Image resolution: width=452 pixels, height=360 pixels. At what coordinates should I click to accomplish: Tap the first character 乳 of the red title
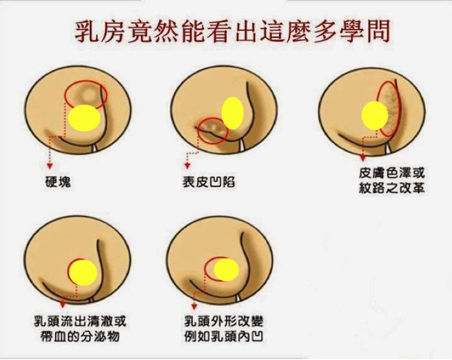click(88, 32)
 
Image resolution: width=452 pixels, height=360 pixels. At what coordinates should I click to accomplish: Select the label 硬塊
click(58, 181)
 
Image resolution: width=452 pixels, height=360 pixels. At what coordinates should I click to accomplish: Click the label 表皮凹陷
click(209, 182)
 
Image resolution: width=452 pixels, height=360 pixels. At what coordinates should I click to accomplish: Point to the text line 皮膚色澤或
click(392, 174)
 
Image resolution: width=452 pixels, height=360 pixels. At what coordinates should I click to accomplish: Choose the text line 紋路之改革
click(392, 188)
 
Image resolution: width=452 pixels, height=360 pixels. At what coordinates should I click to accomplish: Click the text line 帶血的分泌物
click(80, 336)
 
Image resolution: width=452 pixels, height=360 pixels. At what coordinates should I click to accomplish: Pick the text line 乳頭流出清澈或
click(80, 321)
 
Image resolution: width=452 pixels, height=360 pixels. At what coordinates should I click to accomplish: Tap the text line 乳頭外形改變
click(223, 321)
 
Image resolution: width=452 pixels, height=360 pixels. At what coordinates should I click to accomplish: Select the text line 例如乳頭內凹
click(223, 336)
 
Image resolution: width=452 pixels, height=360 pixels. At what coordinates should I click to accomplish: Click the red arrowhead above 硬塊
click(50, 166)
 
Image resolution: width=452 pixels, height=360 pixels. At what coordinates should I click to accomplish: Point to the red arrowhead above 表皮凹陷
click(187, 166)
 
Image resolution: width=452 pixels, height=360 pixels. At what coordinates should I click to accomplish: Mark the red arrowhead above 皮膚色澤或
click(363, 159)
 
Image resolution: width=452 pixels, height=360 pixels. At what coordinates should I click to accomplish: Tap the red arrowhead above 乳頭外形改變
click(194, 306)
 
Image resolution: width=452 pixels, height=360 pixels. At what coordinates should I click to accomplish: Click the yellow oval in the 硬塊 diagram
click(85, 118)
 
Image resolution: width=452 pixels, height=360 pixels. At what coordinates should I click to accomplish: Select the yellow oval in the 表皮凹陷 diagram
click(232, 113)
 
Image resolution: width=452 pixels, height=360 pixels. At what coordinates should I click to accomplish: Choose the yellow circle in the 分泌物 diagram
click(83, 272)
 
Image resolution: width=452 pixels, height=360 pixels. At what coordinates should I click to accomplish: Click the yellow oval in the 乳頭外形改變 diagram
click(226, 270)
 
